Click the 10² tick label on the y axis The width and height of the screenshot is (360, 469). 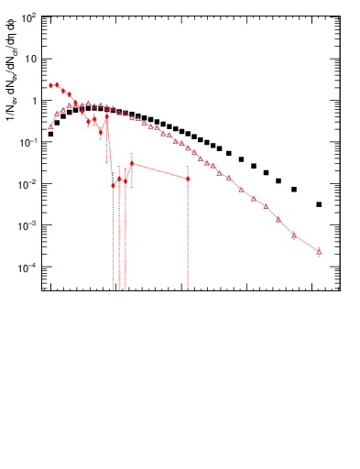coord(30,17)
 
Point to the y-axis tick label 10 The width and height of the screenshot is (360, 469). coord(31,59)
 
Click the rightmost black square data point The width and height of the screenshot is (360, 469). coord(319,204)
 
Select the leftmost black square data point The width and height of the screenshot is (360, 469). coord(50,134)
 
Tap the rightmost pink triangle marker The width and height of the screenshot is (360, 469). coord(319,251)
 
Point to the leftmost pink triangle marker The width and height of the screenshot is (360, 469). coord(50,125)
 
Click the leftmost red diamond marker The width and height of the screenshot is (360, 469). coord(50,85)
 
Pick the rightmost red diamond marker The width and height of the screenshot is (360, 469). coord(188,179)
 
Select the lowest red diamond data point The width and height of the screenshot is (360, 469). coord(114,185)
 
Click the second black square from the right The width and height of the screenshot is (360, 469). coord(294,190)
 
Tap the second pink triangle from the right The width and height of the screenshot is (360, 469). coord(294,235)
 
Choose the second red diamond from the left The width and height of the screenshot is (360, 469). coord(57,85)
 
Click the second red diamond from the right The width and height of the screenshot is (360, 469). coord(132,164)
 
